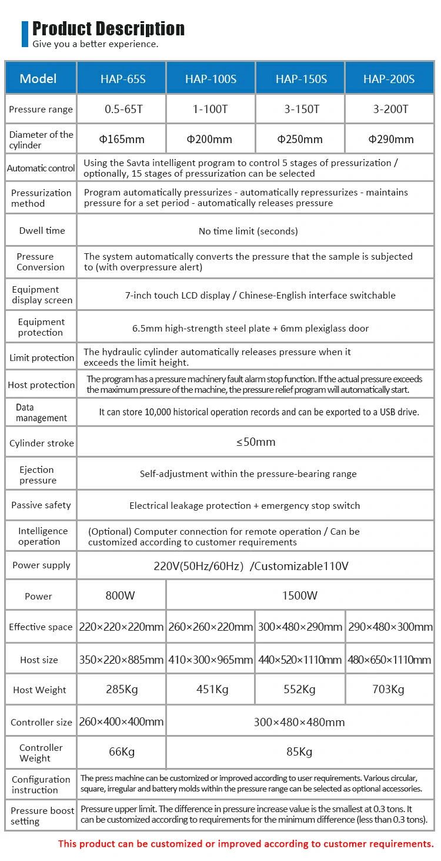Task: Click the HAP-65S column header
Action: pos(122,79)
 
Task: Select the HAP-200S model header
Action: pos(389,79)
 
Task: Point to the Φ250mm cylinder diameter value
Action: pos(300,140)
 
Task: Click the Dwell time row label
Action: pos(42,231)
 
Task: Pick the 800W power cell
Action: pos(120,595)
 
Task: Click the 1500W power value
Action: pos(300,595)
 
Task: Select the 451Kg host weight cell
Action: pos(212,690)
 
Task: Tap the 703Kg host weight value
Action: pos(389,690)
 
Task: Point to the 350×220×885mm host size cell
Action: pos(121,660)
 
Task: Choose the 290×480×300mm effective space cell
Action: pos(390,627)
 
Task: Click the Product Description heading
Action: pos(108,28)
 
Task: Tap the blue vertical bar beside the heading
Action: pos(25,34)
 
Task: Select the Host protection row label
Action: pos(41,385)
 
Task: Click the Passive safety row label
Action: pos(41,505)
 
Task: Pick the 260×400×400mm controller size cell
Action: pos(121,722)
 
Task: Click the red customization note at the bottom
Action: pos(246,844)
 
